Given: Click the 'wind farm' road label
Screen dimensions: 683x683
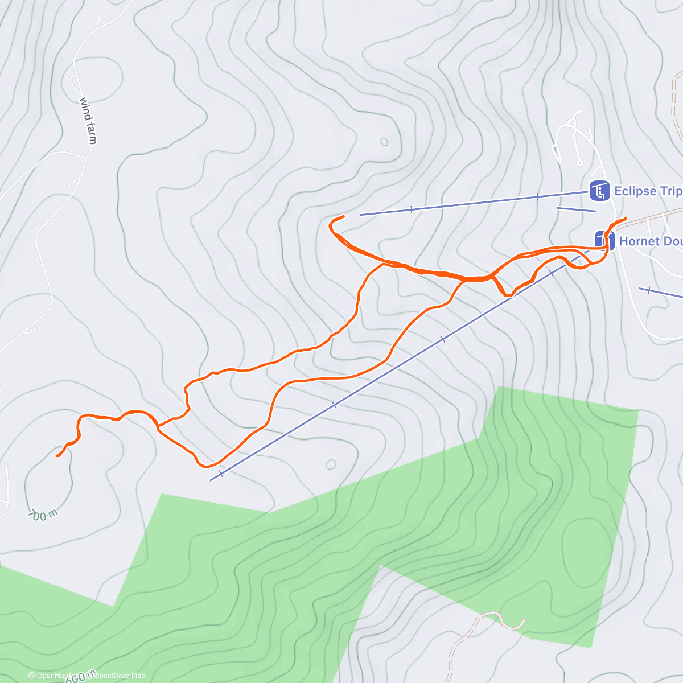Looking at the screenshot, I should pyautogui.click(x=88, y=120).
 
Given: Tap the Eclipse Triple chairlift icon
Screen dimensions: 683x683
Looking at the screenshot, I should pyautogui.click(x=599, y=191).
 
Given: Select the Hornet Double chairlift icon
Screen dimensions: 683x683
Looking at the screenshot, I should pyautogui.click(x=603, y=240).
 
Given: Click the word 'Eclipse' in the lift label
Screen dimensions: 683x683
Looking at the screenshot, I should pyautogui.click(x=635, y=191).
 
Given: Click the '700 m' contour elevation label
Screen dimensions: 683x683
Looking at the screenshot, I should pyautogui.click(x=43, y=513).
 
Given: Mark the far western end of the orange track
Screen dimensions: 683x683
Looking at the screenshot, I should pyautogui.click(x=57, y=456).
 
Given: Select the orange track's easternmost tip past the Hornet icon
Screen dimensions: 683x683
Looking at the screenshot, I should pyautogui.click(x=626, y=218).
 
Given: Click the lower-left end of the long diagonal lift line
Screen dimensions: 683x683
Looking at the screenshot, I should pyautogui.click(x=211, y=480).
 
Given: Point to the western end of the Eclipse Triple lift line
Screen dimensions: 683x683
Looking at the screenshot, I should pyautogui.click(x=360, y=215).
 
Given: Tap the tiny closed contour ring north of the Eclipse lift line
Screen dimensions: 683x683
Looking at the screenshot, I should pyautogui.click(x=384, y=142).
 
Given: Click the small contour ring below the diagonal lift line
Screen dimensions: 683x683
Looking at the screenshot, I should pyautogui.click(x=331, y=464).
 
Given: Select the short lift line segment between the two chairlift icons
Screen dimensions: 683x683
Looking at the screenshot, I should pyautogui.click(x=575, y=209).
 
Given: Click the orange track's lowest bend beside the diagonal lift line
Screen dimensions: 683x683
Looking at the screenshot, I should pyautogui.click(x=203, y=466).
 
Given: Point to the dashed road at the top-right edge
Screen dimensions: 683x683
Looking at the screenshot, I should pyautogui.click(x=676, y=108).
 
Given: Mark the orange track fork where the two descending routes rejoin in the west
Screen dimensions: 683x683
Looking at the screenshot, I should pyautogui.click(x=158, y=425).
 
